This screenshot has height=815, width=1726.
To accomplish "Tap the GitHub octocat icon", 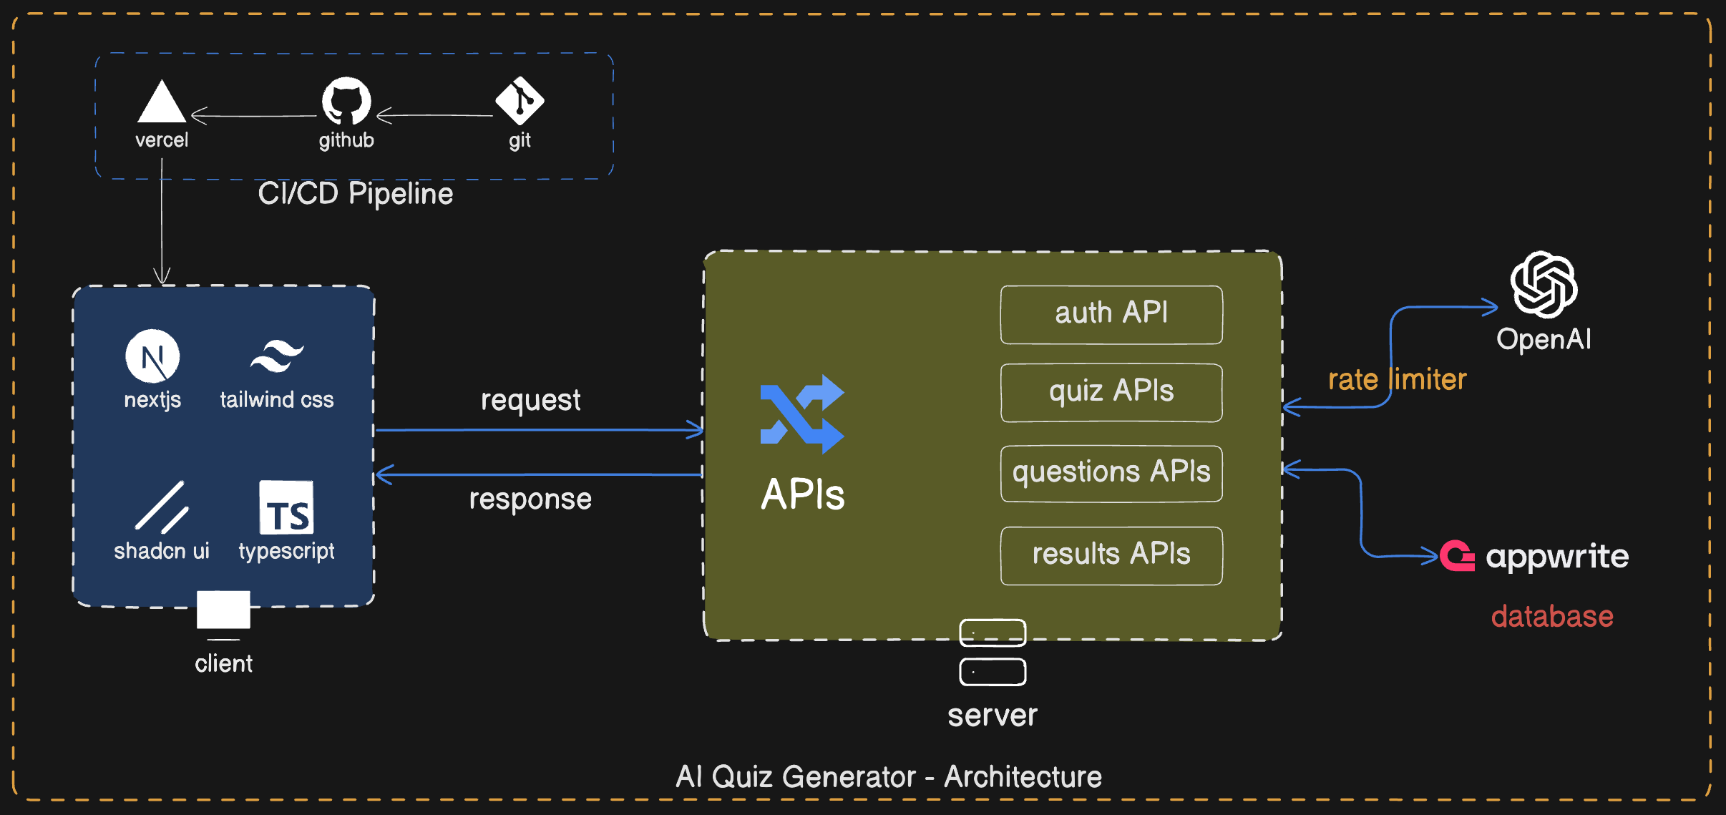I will (346, 101).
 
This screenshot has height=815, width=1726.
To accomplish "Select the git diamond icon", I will (520, 101).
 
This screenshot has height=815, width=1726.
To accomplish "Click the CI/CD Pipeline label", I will (355, 194).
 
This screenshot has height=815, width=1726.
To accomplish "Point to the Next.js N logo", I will (152, 356).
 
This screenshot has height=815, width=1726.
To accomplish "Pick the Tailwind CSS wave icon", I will (277, 356).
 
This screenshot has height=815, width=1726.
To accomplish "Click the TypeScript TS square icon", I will (286, 508).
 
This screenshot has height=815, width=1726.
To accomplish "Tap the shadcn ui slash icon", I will (162, 508).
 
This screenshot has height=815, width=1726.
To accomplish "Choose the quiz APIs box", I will (1111, 392).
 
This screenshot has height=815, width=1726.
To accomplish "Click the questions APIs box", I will (1111, 473).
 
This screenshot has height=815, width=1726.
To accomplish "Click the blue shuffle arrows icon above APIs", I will (801, 414).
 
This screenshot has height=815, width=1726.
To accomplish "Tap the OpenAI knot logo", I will (1544, 285).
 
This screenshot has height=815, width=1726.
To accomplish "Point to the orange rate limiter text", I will (1397, 379).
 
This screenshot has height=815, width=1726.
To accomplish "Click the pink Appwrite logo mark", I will (1457, 556).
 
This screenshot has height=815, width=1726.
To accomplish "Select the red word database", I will (1551, 617).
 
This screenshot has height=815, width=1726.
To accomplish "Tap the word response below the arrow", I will (530, 499).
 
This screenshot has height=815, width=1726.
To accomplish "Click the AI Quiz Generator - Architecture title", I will (888, 777).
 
